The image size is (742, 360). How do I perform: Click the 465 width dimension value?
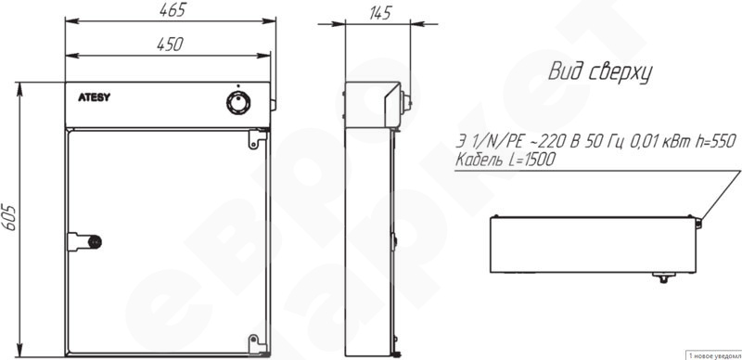tap(173, 10)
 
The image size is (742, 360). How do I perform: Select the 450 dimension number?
tap(170, 44)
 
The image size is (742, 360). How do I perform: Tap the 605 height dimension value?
tap(9, 218)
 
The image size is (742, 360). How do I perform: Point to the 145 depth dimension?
tap(379, 13)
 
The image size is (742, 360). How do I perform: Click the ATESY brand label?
tap(95, 98)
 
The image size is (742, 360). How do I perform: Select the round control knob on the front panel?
tap(238, 103)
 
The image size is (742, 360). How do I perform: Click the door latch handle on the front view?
tap(84, 241)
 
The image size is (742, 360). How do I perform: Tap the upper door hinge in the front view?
tap(258, 138)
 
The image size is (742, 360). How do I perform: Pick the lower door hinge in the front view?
tap(258, 344)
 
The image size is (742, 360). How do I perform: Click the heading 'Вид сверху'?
tap(600, 72)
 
